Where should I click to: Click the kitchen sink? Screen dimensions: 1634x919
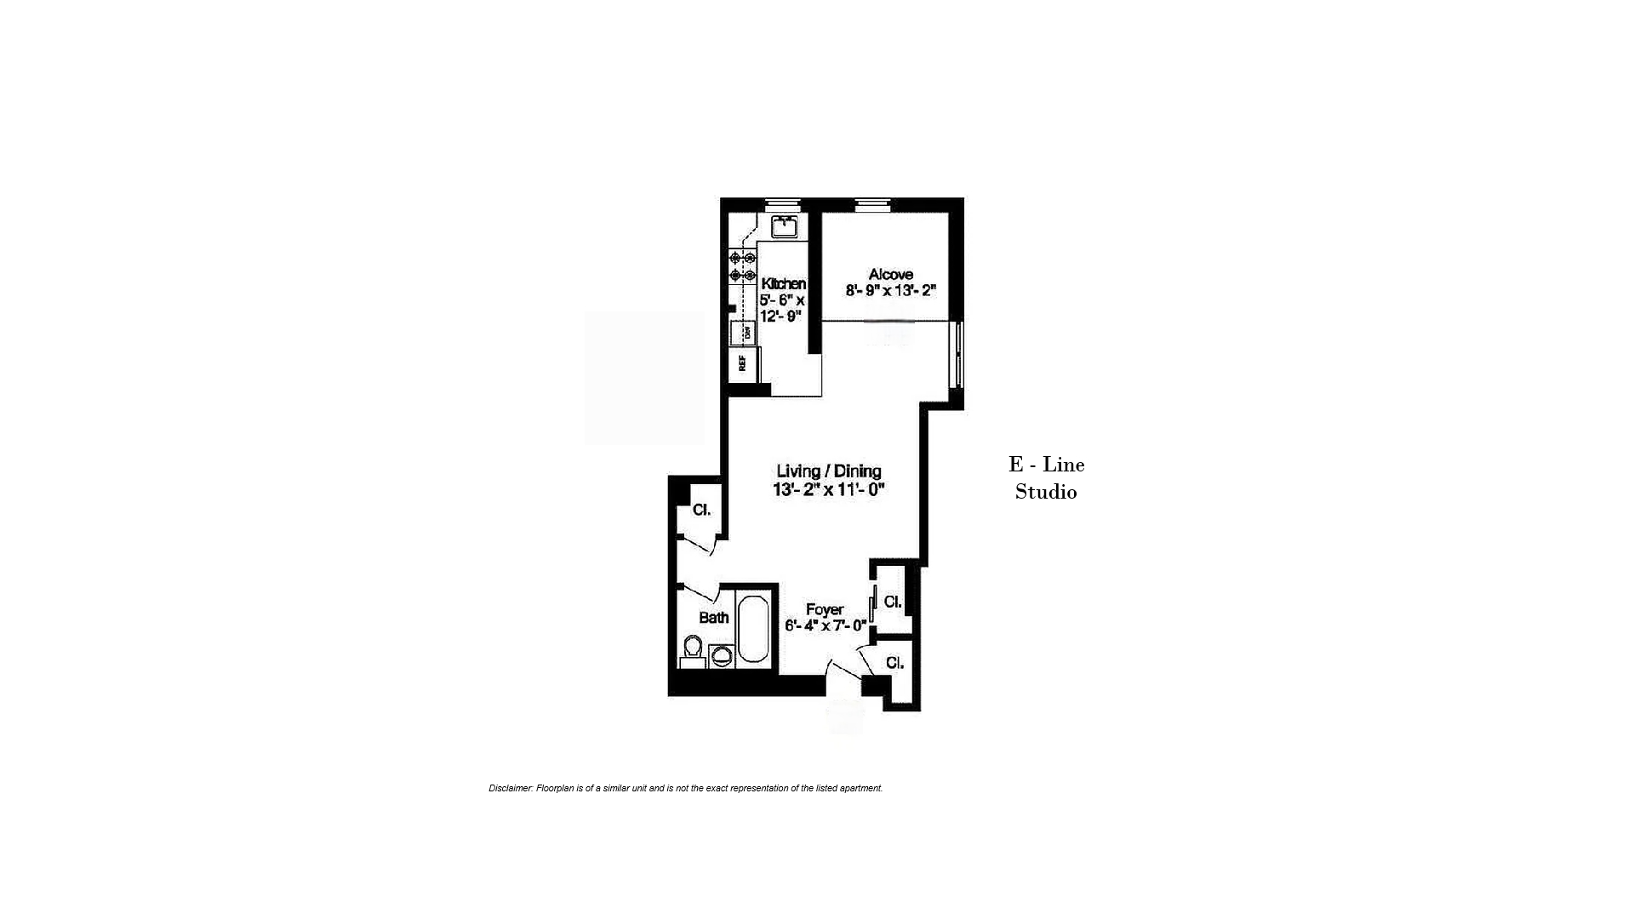tap(784, 226)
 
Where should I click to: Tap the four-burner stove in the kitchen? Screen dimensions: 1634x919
tap(742, 266)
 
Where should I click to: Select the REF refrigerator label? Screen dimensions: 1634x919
tap(742, 363)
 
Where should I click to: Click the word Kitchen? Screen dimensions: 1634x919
tap(783, 283)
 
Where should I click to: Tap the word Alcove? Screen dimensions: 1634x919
tap(891, 274)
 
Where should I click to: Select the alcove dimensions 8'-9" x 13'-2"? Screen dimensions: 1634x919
tap(891, 290)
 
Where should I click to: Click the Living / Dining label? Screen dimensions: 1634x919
tap(829, 471)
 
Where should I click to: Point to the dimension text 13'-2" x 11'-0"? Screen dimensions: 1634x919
tap(829, 489)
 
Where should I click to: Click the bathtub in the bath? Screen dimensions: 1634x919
tap(753, 630)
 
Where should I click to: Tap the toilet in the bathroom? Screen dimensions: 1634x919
tap(693, 652)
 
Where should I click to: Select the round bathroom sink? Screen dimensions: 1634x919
tap(722, 655)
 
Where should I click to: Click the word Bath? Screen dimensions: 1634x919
tap(714, 618)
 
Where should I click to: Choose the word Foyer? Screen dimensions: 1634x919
tap(825, 609)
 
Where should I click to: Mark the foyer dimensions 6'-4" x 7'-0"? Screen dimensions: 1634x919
tap(826, 625)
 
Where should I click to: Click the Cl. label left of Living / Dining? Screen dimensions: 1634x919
tap(701, 510)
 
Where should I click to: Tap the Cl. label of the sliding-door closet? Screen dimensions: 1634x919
tap(893, 602)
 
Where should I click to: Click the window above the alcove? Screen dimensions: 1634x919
tap(872, 203)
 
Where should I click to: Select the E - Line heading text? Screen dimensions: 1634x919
tap(1047, 465)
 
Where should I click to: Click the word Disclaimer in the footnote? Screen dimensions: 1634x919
tap(511, 788)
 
